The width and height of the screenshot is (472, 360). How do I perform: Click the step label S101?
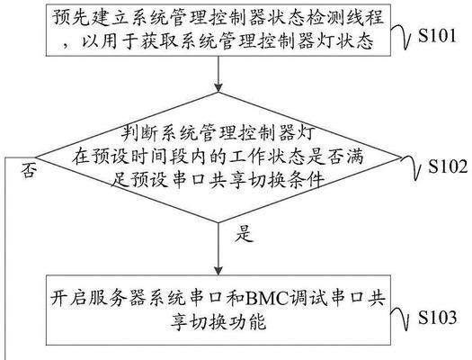437,36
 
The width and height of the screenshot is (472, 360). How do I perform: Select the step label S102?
449,166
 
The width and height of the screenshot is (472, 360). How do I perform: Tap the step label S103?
437,317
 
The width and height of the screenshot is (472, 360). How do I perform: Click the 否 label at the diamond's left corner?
29,171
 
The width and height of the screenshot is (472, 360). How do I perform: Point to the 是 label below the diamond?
245,234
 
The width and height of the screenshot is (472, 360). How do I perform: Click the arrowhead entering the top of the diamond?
218,87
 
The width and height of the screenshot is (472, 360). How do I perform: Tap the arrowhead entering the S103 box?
218,271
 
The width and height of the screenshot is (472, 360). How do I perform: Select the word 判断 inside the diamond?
139,133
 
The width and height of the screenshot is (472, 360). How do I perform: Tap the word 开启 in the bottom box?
68,298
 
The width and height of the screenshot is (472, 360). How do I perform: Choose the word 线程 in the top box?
365,18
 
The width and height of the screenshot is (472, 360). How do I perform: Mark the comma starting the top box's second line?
66,46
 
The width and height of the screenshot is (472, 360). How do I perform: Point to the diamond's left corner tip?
36,157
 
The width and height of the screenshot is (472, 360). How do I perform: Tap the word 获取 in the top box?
158,40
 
